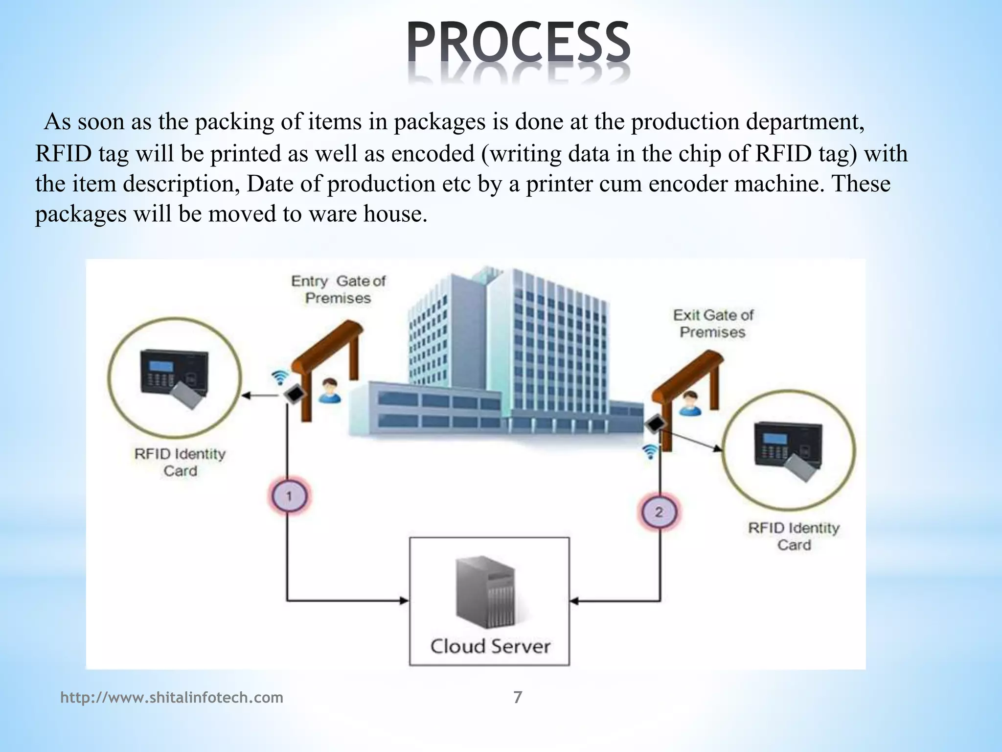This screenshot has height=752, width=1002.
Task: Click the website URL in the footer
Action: pyautogui.click(x=172, y=697)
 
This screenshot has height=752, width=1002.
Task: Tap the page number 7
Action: pyautogui.click(x=518, y=697)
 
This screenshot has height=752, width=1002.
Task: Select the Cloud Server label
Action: pyautogui.click(x=490, y=646)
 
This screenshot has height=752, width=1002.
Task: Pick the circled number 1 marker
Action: pyautogui.click(x=289, y=496)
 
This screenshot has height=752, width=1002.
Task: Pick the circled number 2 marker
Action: pyautogui.click(x=659, y=512)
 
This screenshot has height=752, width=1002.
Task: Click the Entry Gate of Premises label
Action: pyautogui.click(x=338, y=289)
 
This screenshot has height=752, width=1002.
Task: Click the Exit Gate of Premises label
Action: pyautogui.click(x=713, y=323)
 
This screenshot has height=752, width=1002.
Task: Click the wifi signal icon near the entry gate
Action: pyautogui.click(x=280, y=377)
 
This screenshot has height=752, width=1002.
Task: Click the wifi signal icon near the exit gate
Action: pyautogui.click(x=650, y=451)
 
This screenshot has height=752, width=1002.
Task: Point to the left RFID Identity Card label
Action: pyautogui.click(x=180, y=462)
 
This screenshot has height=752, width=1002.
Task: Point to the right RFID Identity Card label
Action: pyautogui.click(x=794, y=536)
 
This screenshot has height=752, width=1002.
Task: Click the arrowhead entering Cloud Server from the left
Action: pyautogui.click(x=404, y=600)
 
